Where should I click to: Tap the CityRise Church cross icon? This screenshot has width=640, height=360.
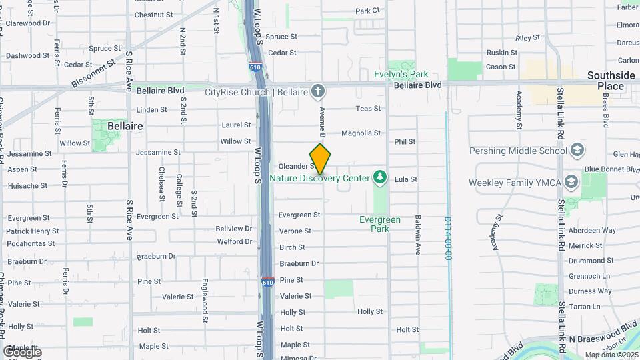coord(319,91)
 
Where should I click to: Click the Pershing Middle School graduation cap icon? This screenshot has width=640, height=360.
coord(577,150)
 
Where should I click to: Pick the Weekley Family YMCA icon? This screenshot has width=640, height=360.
coord(571,182)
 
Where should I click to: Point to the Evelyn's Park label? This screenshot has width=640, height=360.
coord(401,75)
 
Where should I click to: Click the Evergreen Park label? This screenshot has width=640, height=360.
coord(380,224)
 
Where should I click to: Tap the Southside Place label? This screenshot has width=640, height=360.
coord(611,81)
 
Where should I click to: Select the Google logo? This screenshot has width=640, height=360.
coord(22,351)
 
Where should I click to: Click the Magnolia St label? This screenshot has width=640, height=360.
coord(361,133)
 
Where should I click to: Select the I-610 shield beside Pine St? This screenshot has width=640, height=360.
coord(267,281)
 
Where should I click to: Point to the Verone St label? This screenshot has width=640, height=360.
coord(295,231)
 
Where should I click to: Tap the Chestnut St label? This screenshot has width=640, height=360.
coord(153,15)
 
